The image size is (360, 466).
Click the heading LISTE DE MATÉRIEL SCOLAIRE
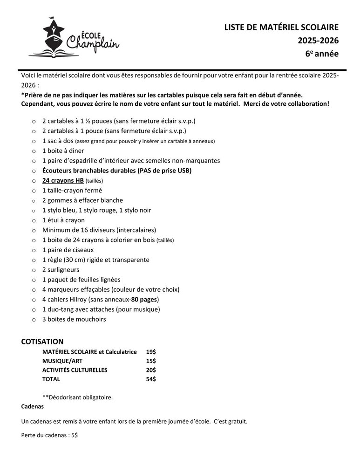[281, 27]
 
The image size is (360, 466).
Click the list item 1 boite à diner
[63, 151]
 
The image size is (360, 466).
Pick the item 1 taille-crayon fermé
[72, 190]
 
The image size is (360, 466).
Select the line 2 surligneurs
[61, 270]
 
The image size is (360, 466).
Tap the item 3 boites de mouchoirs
[74, 319]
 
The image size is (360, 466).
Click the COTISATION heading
[42, 342]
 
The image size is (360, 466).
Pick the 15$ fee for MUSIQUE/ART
[151, 361]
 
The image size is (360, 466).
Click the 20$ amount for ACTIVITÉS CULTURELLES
[151, 370]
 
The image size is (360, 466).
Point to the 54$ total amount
[151, 379]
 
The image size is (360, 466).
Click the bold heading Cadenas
[33, 406]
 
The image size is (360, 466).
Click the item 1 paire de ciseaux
[68, 250]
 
